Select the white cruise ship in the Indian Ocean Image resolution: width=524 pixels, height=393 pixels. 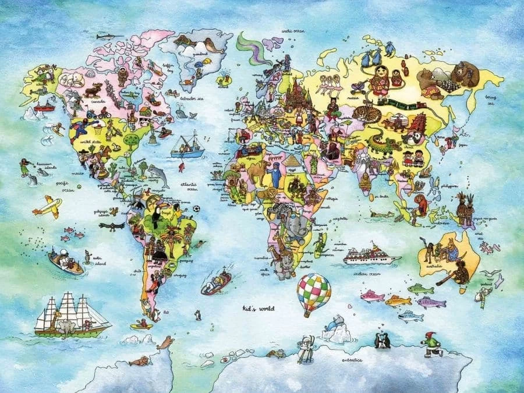[x=371, y=255]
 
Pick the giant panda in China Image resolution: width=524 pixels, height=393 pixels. [x=415, y=137]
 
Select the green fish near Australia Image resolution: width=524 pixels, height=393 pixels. [x=420, y=288]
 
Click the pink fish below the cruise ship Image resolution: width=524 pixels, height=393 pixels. [x=372, y=296]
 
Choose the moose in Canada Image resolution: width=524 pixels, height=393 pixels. [x=93, y=90]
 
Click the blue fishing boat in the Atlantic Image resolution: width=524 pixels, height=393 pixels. [x=187, y=148]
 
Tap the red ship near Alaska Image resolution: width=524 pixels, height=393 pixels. [x=44, y=106]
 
